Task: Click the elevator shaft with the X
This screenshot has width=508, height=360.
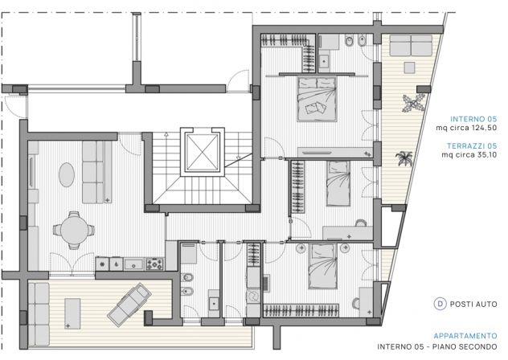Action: pyautogui.click(x=203, y=152)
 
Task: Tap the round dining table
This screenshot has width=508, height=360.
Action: pyautogui.click(x=74, y=230)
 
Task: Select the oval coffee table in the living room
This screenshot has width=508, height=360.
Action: pyautogui.click(x=67, y=174)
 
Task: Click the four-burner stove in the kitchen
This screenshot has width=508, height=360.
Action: pyautogui.click(x=154, y=264)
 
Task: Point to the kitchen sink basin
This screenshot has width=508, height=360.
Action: pyautogui.click(x=133, y=264)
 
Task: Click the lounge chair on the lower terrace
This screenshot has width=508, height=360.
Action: pyautogui.click(x=129, y=304)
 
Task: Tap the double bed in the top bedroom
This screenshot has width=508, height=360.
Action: pyautogui.click(x=317, y=99)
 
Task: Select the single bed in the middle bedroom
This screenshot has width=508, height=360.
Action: pyautogui.click(x=338, y=183)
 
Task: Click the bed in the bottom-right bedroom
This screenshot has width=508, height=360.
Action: pyautogui.click(x=322, y=266)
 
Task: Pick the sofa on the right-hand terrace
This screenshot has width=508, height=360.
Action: pyautogui.click(x=411, y=45)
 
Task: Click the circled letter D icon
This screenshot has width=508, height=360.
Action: pyautogui.click(x=440, y=304)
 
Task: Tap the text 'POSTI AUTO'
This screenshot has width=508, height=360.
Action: pyautogui.click(x=473, y=305)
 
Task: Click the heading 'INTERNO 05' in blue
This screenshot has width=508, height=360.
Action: pyautogui.click(x=473, y=119)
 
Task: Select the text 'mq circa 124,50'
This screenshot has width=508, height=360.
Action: pyautogui.click(x=466, y=128)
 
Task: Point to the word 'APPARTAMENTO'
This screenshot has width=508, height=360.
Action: pyautogui.click(x=465, y=336)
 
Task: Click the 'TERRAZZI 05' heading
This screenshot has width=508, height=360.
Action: pyautogui.click(x=472, y=145)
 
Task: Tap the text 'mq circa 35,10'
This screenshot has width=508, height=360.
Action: pyautogui.click(x=469, y=155)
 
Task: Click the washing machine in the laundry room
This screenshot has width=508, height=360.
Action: pyautogui.click(x=253, y=297)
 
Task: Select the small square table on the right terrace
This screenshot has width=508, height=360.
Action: pyautogui.click(x=409, y=67)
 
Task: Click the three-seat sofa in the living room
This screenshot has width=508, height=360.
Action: pyautogui.click(x=96, y=172)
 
